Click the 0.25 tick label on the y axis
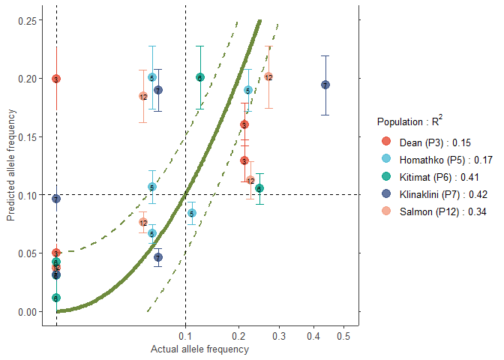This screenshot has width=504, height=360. [29, 20]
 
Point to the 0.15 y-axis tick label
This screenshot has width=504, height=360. [29, 137]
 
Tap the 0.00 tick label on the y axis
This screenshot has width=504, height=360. [29, 311]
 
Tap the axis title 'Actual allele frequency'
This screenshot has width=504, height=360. [199, 349]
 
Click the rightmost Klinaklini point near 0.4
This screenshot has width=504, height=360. [325, 85]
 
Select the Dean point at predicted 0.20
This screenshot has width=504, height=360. [56, 79]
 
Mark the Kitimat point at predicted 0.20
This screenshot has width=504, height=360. [200, 77]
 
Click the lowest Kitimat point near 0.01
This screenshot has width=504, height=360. [56, 298]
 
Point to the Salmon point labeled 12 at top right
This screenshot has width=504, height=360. [268, 77]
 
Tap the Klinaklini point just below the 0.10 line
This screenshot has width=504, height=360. [56, 199]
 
